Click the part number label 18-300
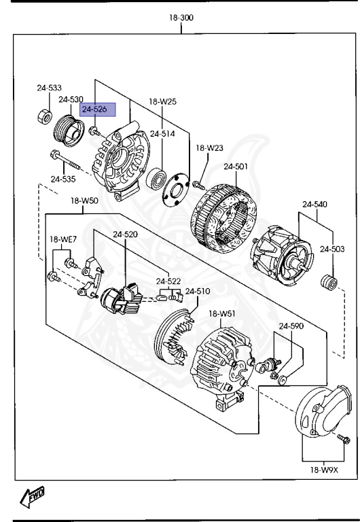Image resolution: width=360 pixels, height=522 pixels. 181,18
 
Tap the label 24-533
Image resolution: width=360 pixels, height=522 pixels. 49,88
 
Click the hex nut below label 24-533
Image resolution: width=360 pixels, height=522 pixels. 43,118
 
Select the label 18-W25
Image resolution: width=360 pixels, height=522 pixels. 162,102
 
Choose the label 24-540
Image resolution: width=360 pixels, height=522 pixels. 315,204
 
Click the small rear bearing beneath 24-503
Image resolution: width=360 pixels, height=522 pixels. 329,281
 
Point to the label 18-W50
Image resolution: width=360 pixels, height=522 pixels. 84,201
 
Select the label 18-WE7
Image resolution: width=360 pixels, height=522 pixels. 62,239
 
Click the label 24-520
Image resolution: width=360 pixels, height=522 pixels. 126,234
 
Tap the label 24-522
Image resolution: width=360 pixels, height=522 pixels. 168,281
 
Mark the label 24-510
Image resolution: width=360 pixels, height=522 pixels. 198,292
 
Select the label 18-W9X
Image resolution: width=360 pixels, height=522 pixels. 324,470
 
